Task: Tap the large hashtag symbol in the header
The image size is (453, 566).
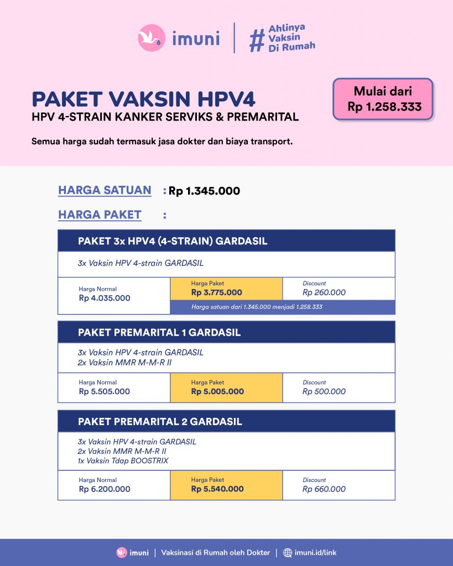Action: click(257, 39)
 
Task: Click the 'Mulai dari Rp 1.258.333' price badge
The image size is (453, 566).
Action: click(383, 99)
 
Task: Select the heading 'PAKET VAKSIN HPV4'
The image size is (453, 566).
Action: click(143, 99)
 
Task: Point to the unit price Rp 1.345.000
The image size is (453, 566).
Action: click(205, 191)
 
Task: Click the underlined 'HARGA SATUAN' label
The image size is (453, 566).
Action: click(105, 190)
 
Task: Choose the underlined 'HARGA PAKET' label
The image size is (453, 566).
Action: click(100, 214)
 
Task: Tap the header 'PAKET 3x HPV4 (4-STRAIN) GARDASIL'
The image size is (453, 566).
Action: click(173, 241)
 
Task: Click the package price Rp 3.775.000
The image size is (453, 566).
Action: click(217, 292)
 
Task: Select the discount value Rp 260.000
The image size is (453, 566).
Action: click(324, 292)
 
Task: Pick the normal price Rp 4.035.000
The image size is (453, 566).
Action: click(105, 298)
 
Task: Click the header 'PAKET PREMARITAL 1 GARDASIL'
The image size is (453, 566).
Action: click(159, 333)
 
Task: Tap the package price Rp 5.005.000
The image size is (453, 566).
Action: click(217, 391)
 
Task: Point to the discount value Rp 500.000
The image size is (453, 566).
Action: click(324, 391)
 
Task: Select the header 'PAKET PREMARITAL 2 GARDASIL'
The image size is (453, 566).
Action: click(160, 422)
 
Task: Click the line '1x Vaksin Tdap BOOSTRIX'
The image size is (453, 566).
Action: click(123, 460)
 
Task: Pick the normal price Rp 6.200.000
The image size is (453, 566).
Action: click(105, 489)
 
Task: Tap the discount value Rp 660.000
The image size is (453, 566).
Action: click(324, 489)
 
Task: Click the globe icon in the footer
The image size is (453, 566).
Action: click(288, 553)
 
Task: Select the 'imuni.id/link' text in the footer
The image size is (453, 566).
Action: click(316, 553)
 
